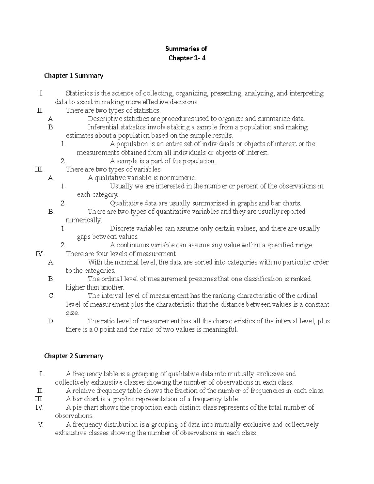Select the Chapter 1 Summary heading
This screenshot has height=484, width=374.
click(74, 76)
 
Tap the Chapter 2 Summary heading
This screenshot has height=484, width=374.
click(74, 356)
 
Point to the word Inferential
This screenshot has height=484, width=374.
click(103, 127)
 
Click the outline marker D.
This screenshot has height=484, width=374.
click(51, 321)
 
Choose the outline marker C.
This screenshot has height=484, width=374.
click(51, 296)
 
